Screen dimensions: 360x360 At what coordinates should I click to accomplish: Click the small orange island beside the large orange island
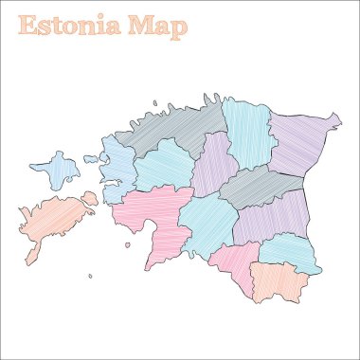[x=89, y=198]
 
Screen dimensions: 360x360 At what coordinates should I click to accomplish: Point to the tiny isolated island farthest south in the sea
[x=91, y=277]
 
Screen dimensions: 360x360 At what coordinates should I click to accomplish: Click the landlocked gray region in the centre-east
[x=256, y=186]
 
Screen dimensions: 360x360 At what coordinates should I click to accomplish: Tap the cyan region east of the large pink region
[x=206, y=224]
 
